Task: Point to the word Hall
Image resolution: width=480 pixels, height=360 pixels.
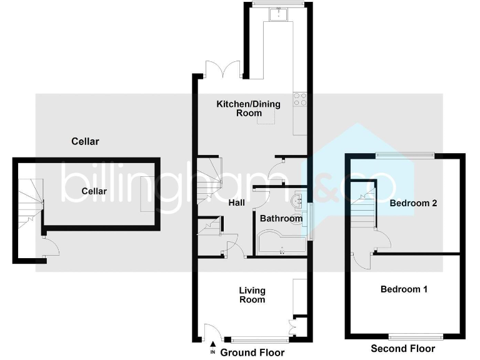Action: tap(236, 202)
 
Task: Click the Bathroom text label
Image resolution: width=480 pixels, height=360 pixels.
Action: tap(281, 219)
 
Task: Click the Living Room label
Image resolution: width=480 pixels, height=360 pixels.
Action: tap(252, 295)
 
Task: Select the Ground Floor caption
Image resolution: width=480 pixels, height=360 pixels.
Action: tap(249, 352)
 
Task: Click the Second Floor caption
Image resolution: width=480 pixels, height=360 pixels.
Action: tap(402, 348)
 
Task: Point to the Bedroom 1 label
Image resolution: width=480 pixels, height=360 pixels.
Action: tap(404, 289)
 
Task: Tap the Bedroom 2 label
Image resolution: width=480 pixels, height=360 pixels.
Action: tap(412, 203)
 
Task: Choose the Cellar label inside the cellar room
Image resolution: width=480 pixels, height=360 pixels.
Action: tap(93, 191)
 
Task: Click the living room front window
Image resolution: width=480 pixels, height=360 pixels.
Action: tap(259, 339)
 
